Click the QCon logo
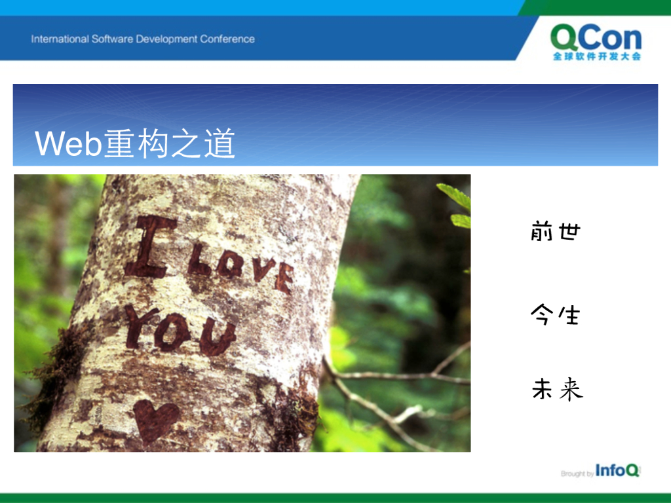click(x=596, y=42)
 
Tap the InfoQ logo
click(x=617, y=470)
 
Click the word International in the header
click(x=60, y=39)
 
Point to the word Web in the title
click(x=68, y=143)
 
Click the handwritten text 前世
click(x=556, y=231)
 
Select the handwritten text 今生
click(x=555, y=314)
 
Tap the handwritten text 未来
click(x=557, y=389)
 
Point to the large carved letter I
click(x=150, y=247)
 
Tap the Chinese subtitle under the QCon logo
click(x=597, y=56)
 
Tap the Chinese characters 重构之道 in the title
click(x=170, y=143)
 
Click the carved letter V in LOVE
click(x=263, y=269)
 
